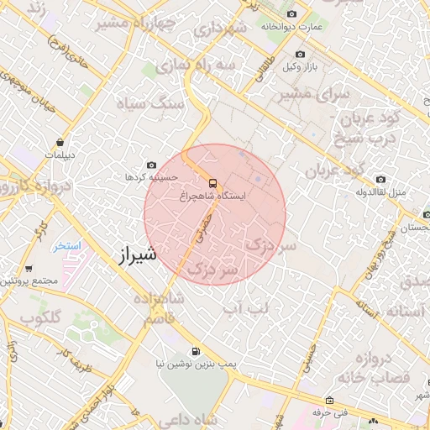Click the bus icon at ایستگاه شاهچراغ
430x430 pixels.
tap(212, 181)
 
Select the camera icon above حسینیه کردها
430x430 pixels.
tap(151, 165)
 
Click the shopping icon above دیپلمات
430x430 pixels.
tap(60, 143)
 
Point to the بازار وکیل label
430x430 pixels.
tap(301, 66)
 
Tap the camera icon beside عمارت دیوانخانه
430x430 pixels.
tap(291, 13)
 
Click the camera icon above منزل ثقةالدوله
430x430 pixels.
tap(381, 179)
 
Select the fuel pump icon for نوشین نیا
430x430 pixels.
tap(196, 351)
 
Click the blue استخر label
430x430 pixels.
tap(67, 246)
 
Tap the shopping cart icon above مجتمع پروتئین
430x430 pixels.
tap(29, 269)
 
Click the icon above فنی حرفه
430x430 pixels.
tap(330, 400)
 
